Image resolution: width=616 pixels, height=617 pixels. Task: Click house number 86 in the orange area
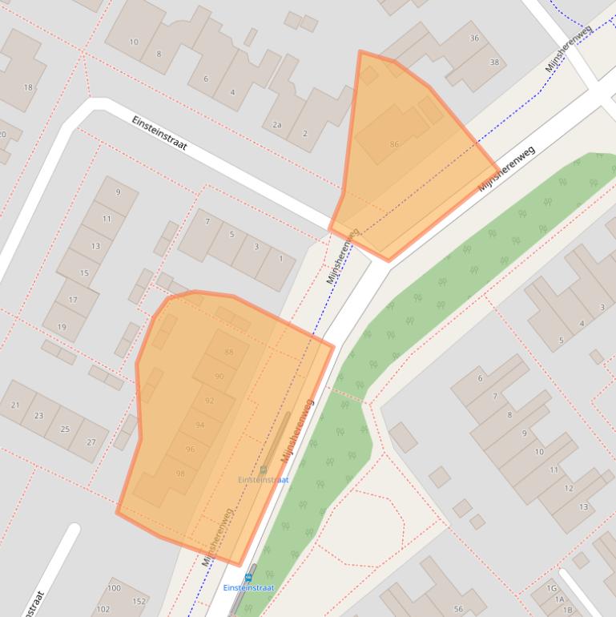click(393, 144)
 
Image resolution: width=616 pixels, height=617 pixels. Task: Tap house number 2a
click(277, 124)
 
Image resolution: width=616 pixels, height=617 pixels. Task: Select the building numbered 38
click(494, 63)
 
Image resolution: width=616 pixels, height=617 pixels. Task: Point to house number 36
click(474, 38)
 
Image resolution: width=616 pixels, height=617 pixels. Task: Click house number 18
click(28, 87)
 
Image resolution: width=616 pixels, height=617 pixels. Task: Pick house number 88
click(230, 352)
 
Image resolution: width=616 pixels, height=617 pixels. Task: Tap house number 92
click(209, 401)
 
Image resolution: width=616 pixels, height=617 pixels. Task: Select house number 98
click(180, 474)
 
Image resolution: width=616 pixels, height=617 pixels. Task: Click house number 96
click(190, 450)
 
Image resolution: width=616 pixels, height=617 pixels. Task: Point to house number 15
click(84, 273)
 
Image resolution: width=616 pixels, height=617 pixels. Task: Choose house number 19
click(62, 327)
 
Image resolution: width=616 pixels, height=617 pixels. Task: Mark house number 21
click(15, 405)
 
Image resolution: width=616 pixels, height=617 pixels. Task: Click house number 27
click(91, 442)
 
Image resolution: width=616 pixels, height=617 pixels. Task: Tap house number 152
click(139, 602)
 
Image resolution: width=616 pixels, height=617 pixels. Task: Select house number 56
click(458, 610)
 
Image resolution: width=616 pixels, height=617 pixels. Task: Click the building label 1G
click(551, 589)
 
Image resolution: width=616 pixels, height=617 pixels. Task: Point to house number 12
click(569, 488)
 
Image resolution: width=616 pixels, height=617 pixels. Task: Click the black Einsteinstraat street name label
click(159, 133)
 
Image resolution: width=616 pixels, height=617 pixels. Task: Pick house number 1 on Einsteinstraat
click(280, 259)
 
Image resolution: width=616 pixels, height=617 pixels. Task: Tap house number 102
click(103, 609)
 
